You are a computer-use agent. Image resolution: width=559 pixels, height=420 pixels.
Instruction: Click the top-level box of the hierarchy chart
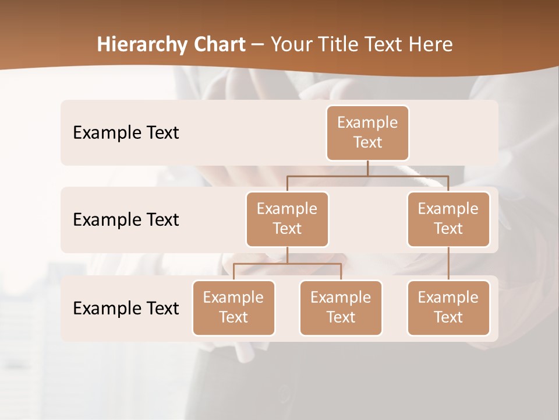[x=367, y=132]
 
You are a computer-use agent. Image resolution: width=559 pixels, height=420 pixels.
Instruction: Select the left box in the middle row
[x=287, y=219]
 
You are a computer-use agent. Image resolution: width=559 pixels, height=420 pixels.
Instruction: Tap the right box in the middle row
[x=448, y=219]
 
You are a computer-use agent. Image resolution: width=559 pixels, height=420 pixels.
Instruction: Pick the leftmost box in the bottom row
[x=233, y=307]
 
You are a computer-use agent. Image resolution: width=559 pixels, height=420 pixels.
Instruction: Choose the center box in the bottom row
[x=341, y=307]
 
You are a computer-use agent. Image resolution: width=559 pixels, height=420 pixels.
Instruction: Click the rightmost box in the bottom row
[x=448, y=307]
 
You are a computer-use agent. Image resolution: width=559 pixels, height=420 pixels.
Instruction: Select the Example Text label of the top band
[x=126, y=132]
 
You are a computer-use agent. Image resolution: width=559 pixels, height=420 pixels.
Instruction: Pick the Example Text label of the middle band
[x=126, y=219]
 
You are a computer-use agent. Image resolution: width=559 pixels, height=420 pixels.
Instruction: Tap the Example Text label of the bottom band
[x=126, y=308]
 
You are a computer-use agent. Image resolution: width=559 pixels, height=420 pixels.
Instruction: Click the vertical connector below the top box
[x=367, y=168]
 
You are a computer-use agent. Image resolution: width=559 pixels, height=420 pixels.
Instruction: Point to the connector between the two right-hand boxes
[x=448, y=264]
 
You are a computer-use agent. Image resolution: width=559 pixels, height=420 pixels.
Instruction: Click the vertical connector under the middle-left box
[x=287, y=255]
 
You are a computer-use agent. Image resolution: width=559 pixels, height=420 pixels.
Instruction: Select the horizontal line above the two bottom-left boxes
[x=287, y=264]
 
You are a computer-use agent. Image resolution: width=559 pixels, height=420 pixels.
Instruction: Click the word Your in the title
[x=289, y=44]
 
